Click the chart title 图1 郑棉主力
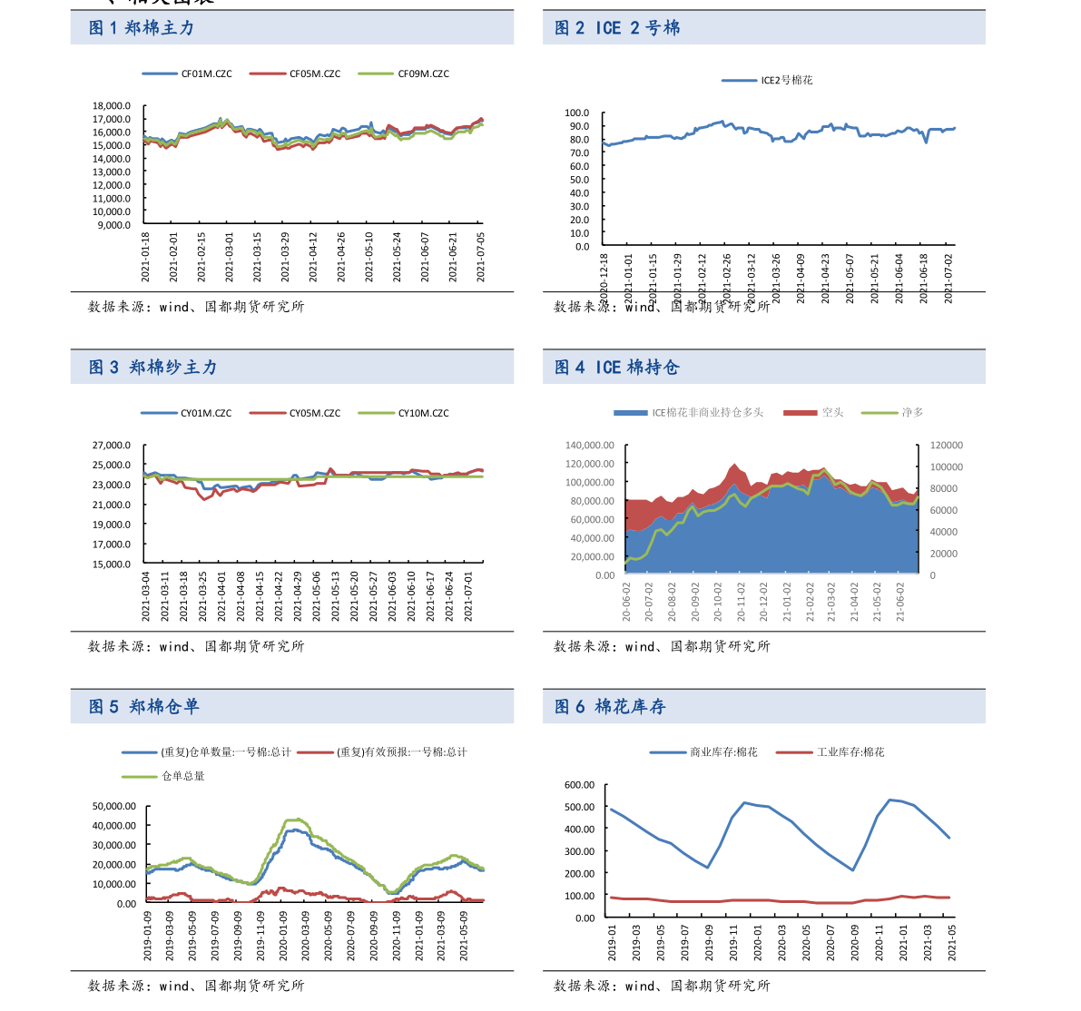click(142, 28)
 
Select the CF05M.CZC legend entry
click(314, 74)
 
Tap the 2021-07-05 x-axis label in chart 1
click(482, 256)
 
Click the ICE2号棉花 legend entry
click(786, 80)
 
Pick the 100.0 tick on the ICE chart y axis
click(577, 113)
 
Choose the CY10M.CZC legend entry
click(423, 413)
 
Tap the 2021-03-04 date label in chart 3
click(146, 595)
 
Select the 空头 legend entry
click(832, 412)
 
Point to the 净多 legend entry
click(911, 412)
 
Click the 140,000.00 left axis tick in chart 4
click(590, 446)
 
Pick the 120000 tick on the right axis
click(946, 446)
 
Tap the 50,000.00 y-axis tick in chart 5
click(115, 806)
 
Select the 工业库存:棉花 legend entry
click(850, 752)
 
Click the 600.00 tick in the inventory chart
click(578, 785)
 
